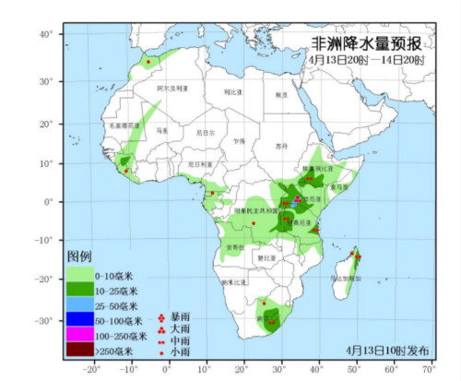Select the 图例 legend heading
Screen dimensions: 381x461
(79, 255)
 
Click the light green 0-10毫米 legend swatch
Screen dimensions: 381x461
(80, 276)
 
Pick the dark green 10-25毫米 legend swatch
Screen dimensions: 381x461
(80, 291)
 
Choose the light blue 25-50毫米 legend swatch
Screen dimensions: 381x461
(80, 305)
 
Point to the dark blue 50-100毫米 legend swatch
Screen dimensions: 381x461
(80, 320)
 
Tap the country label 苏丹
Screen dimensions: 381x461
(281, 146)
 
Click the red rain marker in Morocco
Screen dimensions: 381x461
(148, 62)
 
